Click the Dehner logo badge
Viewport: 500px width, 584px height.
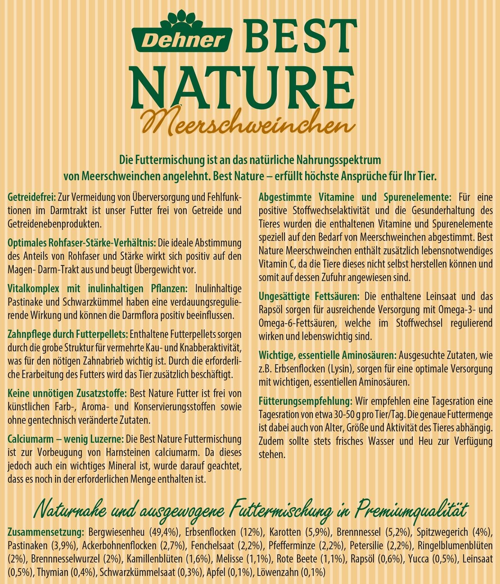[182, 40]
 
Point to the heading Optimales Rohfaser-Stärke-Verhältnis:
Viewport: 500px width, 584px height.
[82, 242]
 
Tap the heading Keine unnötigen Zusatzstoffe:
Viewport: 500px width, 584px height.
[67, 393]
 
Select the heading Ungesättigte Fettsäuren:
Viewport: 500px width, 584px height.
[309, 296]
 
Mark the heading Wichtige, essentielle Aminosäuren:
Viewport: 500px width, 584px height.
[327, 355]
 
